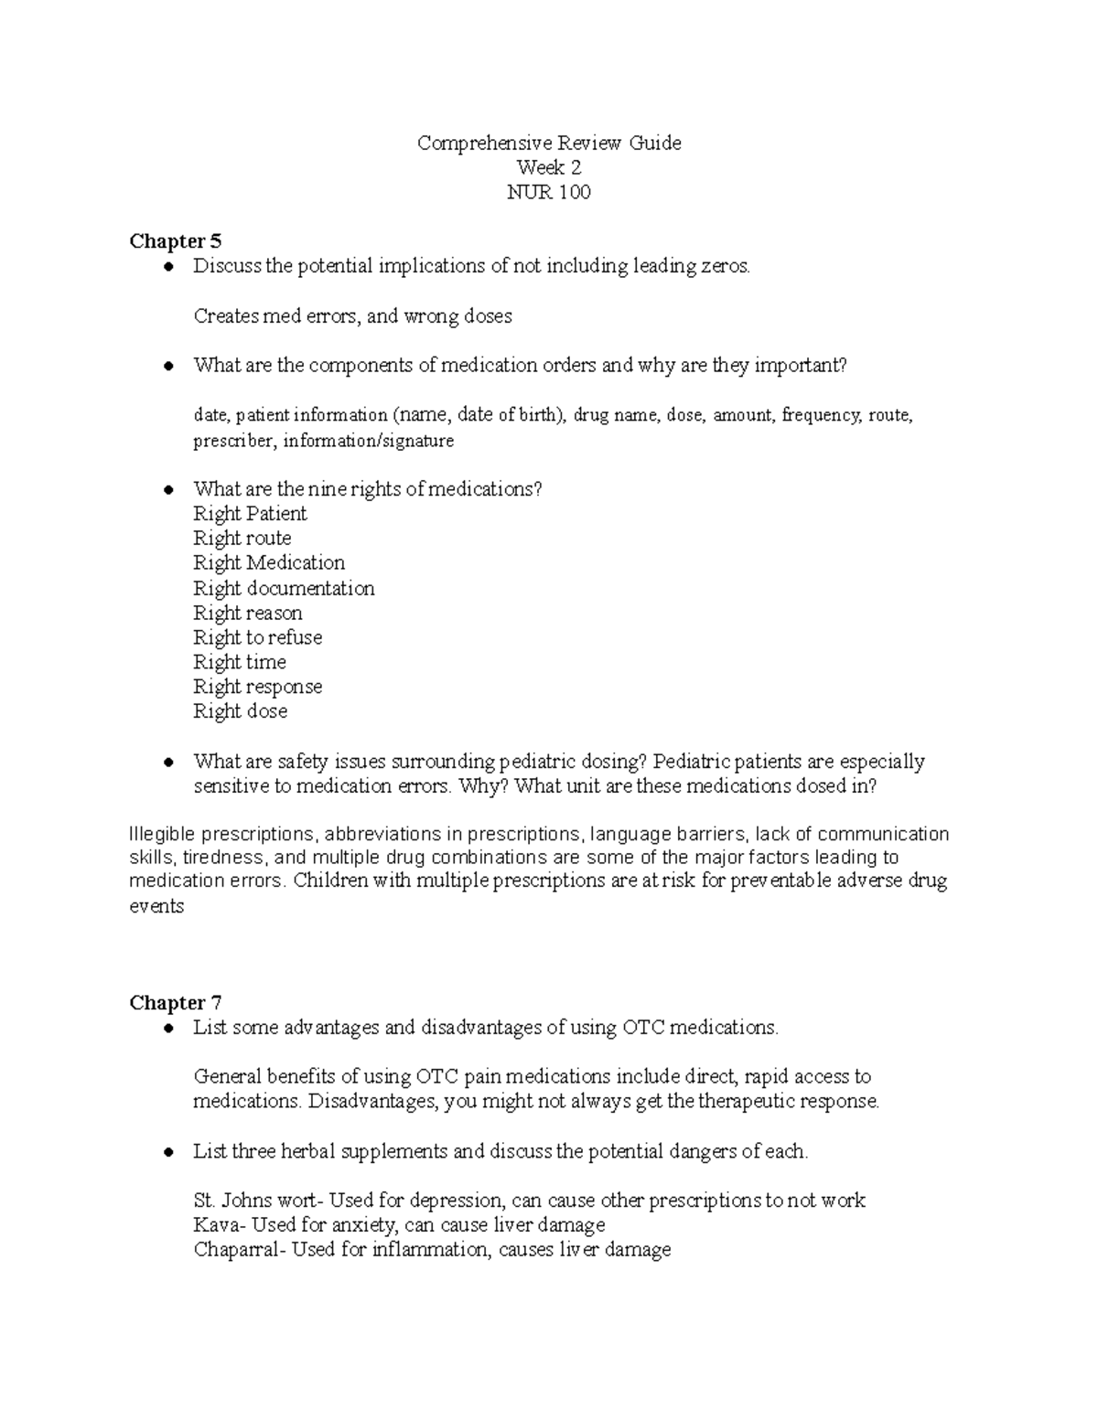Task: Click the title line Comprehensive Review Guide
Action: coord(549,143)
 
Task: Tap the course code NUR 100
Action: coord(549,192)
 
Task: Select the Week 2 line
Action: coord(549,167)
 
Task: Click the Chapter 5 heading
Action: coord(175,241)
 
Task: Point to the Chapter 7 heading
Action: coord(175,1003)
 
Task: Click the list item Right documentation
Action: coord(284,588)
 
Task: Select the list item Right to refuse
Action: coord(257,637)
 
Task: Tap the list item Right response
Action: coord(257,687)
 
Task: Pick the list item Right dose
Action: coord(240,711)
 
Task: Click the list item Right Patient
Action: coord(250,514)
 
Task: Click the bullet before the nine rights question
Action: coord(167,490)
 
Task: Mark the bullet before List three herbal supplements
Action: coord(167,1152)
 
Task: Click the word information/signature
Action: coord(368,441)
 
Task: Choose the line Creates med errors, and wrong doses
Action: coord(352,316)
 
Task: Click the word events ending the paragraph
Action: coord(156,907)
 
